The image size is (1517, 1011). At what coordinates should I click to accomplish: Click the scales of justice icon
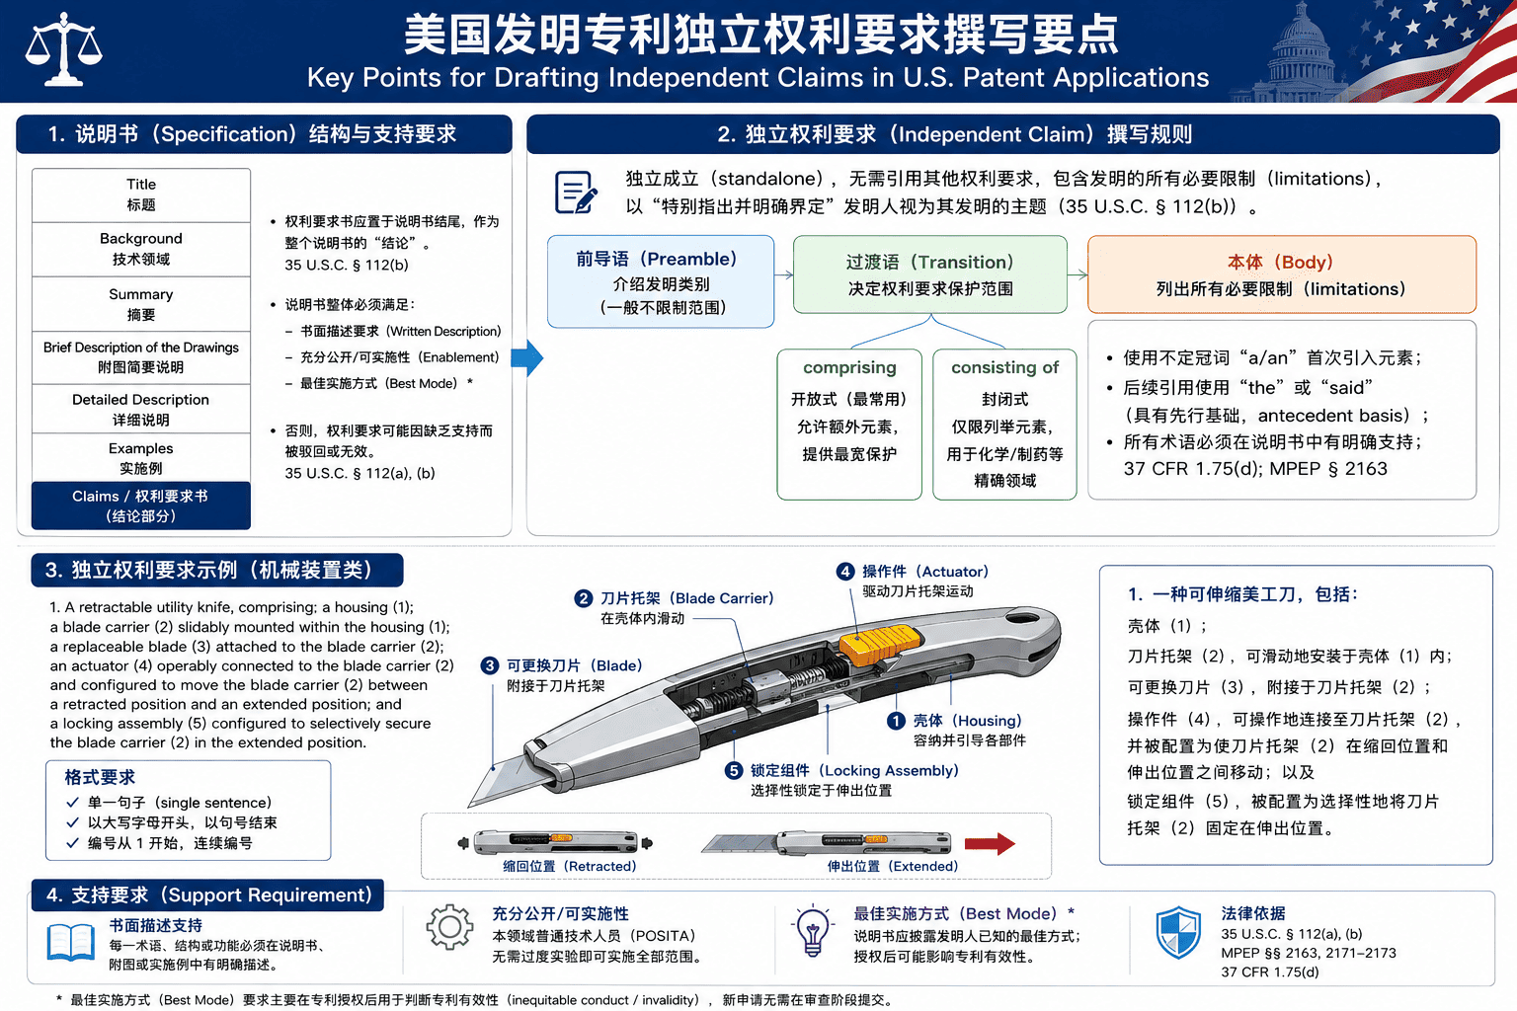(63, 48)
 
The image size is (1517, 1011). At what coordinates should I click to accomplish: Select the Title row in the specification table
(141, 195)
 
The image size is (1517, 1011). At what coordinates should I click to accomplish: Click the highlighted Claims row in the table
(141, 505)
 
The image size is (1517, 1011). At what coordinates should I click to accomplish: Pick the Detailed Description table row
(141, 409)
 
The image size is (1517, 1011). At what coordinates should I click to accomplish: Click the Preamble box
(661, 281)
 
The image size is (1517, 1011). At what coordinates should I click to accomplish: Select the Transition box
(929, 274)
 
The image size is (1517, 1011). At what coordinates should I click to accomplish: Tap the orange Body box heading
(1281, 262)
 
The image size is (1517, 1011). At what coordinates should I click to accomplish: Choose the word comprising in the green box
(849, 367)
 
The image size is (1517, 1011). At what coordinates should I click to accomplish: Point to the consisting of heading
(1005, 367)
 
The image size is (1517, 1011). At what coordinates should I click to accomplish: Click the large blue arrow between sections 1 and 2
(526, 357)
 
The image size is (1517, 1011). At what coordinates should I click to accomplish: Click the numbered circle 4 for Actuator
(845, 572)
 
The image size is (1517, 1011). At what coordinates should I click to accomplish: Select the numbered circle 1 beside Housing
(896, 721)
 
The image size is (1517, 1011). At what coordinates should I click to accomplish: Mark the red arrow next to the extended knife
(991, 843)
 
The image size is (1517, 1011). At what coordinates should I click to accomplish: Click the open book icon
(71, 942)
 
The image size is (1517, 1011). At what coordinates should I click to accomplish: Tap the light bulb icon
(813, 931)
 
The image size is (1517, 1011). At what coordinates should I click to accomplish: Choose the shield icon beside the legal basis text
(1178, 932)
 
